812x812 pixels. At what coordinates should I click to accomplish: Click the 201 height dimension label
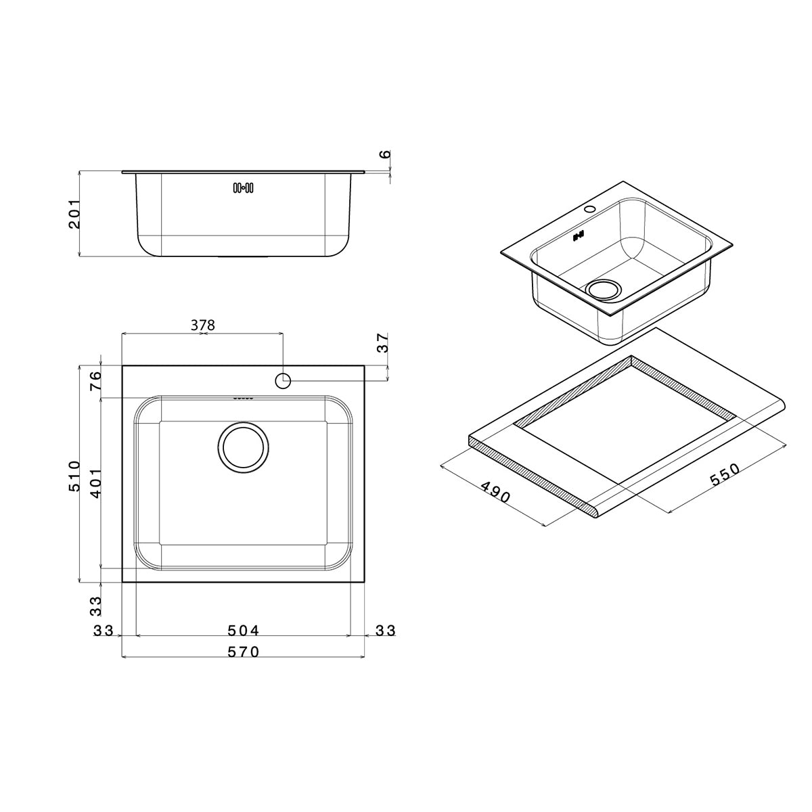pos(74,214)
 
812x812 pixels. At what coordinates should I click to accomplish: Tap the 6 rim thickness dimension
pos(385,154)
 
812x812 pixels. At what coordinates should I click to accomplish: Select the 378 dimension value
pos(203,325)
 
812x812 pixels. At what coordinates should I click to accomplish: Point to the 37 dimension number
pos(382,343)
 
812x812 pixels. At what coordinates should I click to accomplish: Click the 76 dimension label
pos(95,380)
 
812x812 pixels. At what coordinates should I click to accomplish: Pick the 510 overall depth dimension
pos(74,476)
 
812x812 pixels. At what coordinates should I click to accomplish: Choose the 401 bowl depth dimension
pos(95,483)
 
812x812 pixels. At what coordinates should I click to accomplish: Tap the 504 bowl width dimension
pos(243,631)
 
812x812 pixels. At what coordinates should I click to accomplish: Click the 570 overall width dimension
pos(243,652)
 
